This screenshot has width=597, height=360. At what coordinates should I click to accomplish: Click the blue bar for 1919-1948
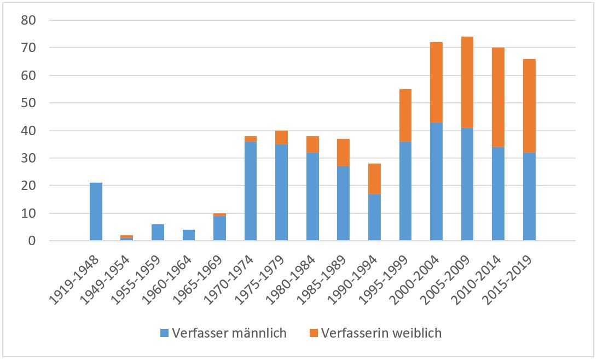(x=96, y=212)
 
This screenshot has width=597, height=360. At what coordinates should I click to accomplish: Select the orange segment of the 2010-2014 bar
(x=498, y=97)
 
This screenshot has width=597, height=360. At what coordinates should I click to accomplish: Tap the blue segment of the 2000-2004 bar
(x=436, y=181)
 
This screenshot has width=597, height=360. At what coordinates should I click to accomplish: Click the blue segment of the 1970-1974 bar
(x=251, y=191)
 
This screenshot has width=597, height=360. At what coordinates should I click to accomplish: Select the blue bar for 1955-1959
(x=158, y=233)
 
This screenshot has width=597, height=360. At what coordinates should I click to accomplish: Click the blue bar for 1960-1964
(x=188, y=235)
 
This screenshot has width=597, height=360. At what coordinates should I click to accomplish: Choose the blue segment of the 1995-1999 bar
(x=405, y=191)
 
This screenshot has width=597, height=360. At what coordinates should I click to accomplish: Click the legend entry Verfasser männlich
(x=229, y=333)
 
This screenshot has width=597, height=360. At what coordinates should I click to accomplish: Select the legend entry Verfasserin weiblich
(x=381, y=333)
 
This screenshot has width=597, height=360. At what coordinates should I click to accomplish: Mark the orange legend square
(x=313, y=333)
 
